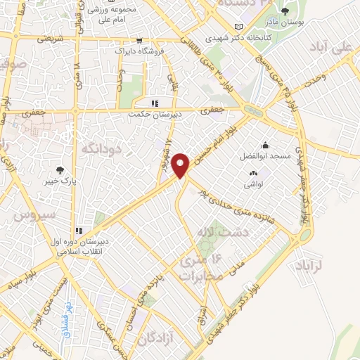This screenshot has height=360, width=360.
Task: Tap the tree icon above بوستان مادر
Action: pyautogui.click(x=285, y=11)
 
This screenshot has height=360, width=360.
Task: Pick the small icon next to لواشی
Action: pyautogui.click(x=252, y=173)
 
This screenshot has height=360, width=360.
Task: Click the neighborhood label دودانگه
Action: pyautogui.click(x=103, y=149)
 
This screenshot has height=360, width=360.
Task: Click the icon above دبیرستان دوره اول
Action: pyautogui.click(x=79, y=231)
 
